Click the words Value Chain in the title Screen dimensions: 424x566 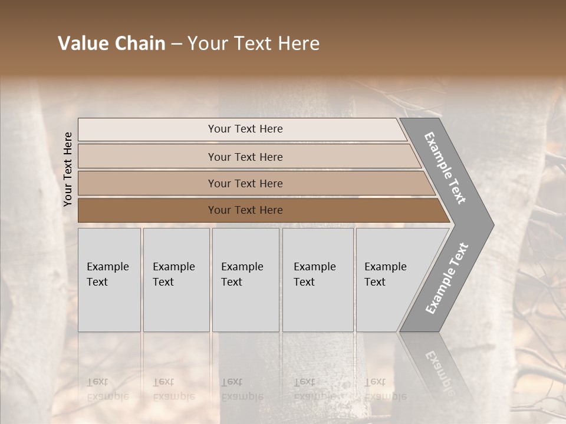(x=111, y=44)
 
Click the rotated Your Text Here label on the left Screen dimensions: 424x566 (x=68, y=169)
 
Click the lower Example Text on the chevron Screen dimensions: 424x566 (x=446, y=279)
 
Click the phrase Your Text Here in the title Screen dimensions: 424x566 (x=254, y=44)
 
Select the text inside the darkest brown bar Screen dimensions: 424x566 (x=245, y=210)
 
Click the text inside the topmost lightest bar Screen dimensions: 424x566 (x=245, y=129)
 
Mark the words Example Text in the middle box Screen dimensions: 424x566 (x=242, y=274)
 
